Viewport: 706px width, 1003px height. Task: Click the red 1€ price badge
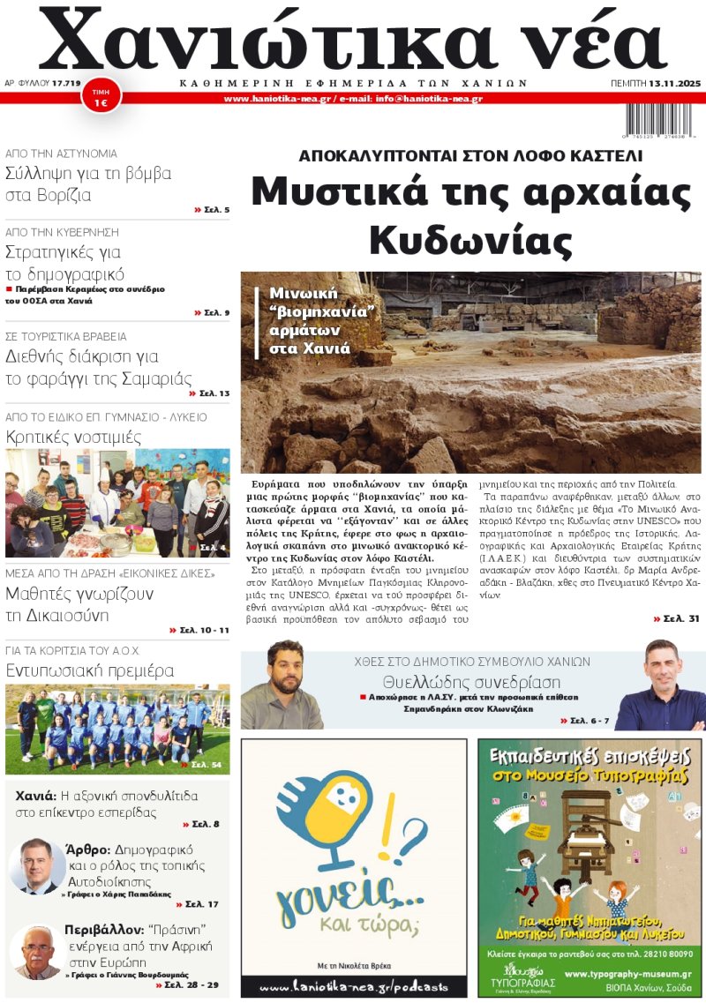click(x=101, y=97)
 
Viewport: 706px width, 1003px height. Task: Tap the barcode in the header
click(x=659, y=117)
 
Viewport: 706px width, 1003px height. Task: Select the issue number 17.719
click(x=66, y=83)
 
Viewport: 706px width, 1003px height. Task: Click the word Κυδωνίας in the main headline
click(x=470, y=238)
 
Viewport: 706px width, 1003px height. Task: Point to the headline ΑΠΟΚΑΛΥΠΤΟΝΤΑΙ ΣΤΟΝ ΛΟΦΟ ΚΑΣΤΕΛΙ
click(x=470, y=156)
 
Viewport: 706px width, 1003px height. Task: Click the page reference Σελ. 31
click(x=677, y=618)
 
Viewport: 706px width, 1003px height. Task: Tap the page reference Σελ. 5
click(x=212, y=210)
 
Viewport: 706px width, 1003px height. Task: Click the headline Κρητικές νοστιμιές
click(x=73, y=437)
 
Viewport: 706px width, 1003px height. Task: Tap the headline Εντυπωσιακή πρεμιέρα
click(x=90, y=670)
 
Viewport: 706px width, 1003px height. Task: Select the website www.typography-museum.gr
click(x=627, y=974)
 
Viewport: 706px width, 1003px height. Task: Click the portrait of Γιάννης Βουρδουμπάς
click(x=37, y=952)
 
